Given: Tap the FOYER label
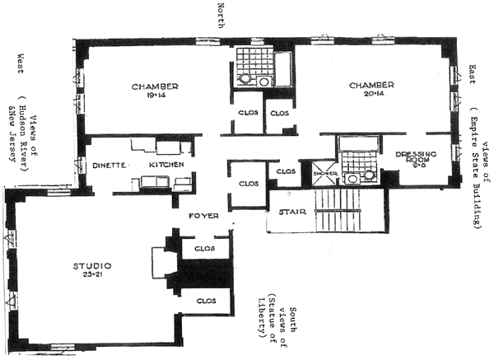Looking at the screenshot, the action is pyautogui.click(x=203, y=216).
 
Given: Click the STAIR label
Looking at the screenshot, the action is pyautogui.click(x=293, y=212).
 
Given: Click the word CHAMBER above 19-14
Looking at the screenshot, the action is pyautogui.click(x=155, y=86).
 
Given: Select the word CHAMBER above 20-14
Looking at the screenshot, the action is pyautogui.click(x=370, y=85).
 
